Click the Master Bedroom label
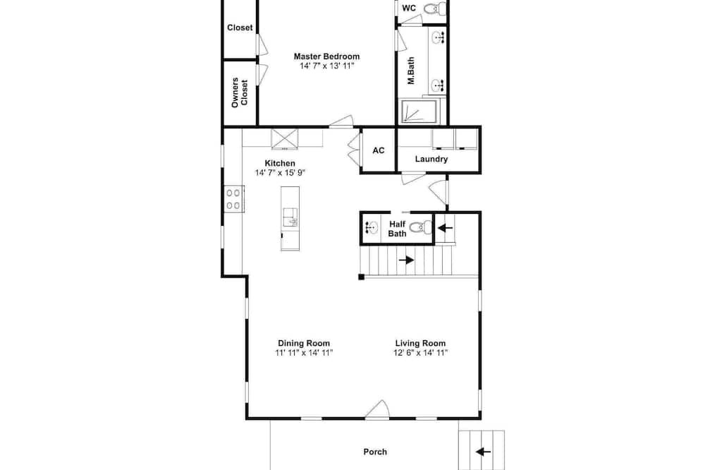click(x=326, y=56)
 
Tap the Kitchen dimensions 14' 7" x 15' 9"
click(x=280, y=172)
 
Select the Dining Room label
click(x=303, y=343)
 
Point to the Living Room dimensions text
click(x=420, y=353)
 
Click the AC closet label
click(x=379, y=150)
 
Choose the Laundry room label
click(x=431, y=159)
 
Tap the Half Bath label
click(x=397, y=229)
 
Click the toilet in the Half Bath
click(x=422, y=227)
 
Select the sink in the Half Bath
click(x=372, y=228)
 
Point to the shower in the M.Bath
click(x=419, y=111)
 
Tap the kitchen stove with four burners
click(x=233, y=199)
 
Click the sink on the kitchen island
click(x=290, y=217)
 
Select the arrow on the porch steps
click(x=483, y=452)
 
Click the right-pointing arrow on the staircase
click(x=407, y=260)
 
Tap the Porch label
click(x=375, y=452)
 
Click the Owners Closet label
click(x=240, y=92)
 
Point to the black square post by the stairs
click(x=361, y=277)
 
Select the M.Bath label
click(x=411, y=71)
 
